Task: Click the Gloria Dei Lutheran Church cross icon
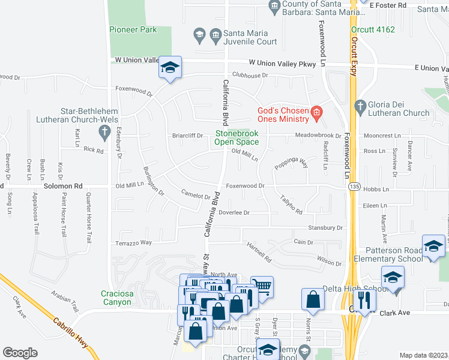click(x=360, y=106)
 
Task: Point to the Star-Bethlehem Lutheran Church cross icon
click(x=104, y=131)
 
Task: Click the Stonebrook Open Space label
click(x=237, y=137)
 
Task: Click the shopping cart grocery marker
click(x=261, y=286)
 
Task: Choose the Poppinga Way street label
click(x=291, y=163)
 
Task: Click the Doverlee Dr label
click(x=234, y=212)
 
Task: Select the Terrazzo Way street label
click(x=134, y=242)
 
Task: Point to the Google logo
click(x=20, y=353)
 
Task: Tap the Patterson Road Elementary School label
click(x=393, y=254)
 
